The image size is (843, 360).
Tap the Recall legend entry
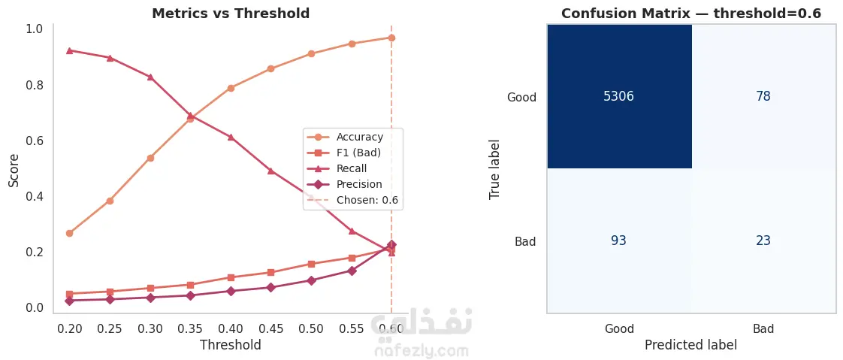click(352, 168)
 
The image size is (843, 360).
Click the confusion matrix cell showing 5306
click(619, 96)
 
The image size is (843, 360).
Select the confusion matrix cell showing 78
click(763, 96)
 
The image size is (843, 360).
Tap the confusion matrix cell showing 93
click(619, 241)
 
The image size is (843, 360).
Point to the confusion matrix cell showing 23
click(763, 241)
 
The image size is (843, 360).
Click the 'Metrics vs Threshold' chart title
click(231, 14)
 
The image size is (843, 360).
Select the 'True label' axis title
click(495, 168)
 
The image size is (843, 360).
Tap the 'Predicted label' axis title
click(690, 345)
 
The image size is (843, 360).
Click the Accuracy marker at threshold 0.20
click(69, 233)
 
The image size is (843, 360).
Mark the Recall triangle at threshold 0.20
click(69, 50)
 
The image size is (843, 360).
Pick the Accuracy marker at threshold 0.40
click(231, 88)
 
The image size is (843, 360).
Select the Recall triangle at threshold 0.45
click(270, 171)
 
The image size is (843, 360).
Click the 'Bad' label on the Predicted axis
click(763, 329)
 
